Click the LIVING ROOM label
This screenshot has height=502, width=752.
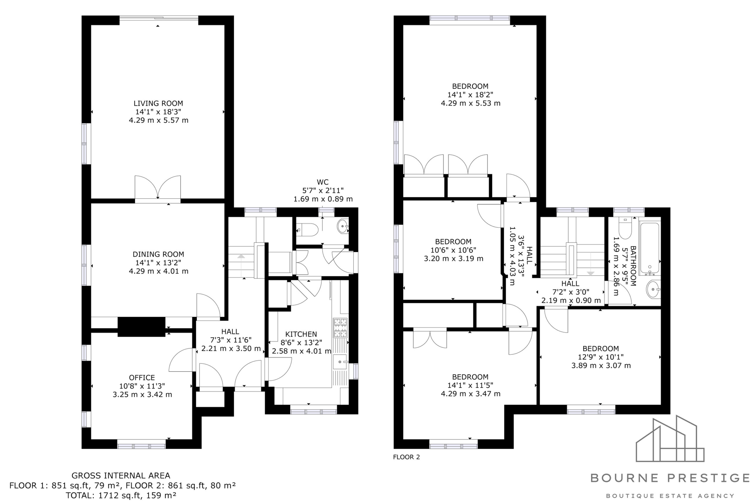tap(158, 104)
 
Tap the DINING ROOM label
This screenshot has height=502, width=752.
tap(158, 254)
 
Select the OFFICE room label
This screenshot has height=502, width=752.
tap(142, 378)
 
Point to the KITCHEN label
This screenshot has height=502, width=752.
tap(301, 334)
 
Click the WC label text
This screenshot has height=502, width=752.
tap(323, 182)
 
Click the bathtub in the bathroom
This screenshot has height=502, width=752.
tap(650, 249)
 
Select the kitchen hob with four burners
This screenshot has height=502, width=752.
tap(340, 328)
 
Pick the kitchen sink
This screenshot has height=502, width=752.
tap(340, 362)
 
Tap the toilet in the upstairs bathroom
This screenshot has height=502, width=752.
tap(625, 228)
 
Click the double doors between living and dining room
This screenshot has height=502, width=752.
tap(158, 188)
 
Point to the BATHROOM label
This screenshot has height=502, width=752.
tap(633, 266)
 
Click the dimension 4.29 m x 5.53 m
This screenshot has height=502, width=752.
tap(471, 103)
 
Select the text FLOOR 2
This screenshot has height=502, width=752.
tap(406, 457)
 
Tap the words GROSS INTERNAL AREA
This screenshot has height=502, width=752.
tap(121, 476)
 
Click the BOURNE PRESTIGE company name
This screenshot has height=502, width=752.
tap(670, 478)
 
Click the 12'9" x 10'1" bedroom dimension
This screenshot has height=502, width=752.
tap(601, 357)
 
